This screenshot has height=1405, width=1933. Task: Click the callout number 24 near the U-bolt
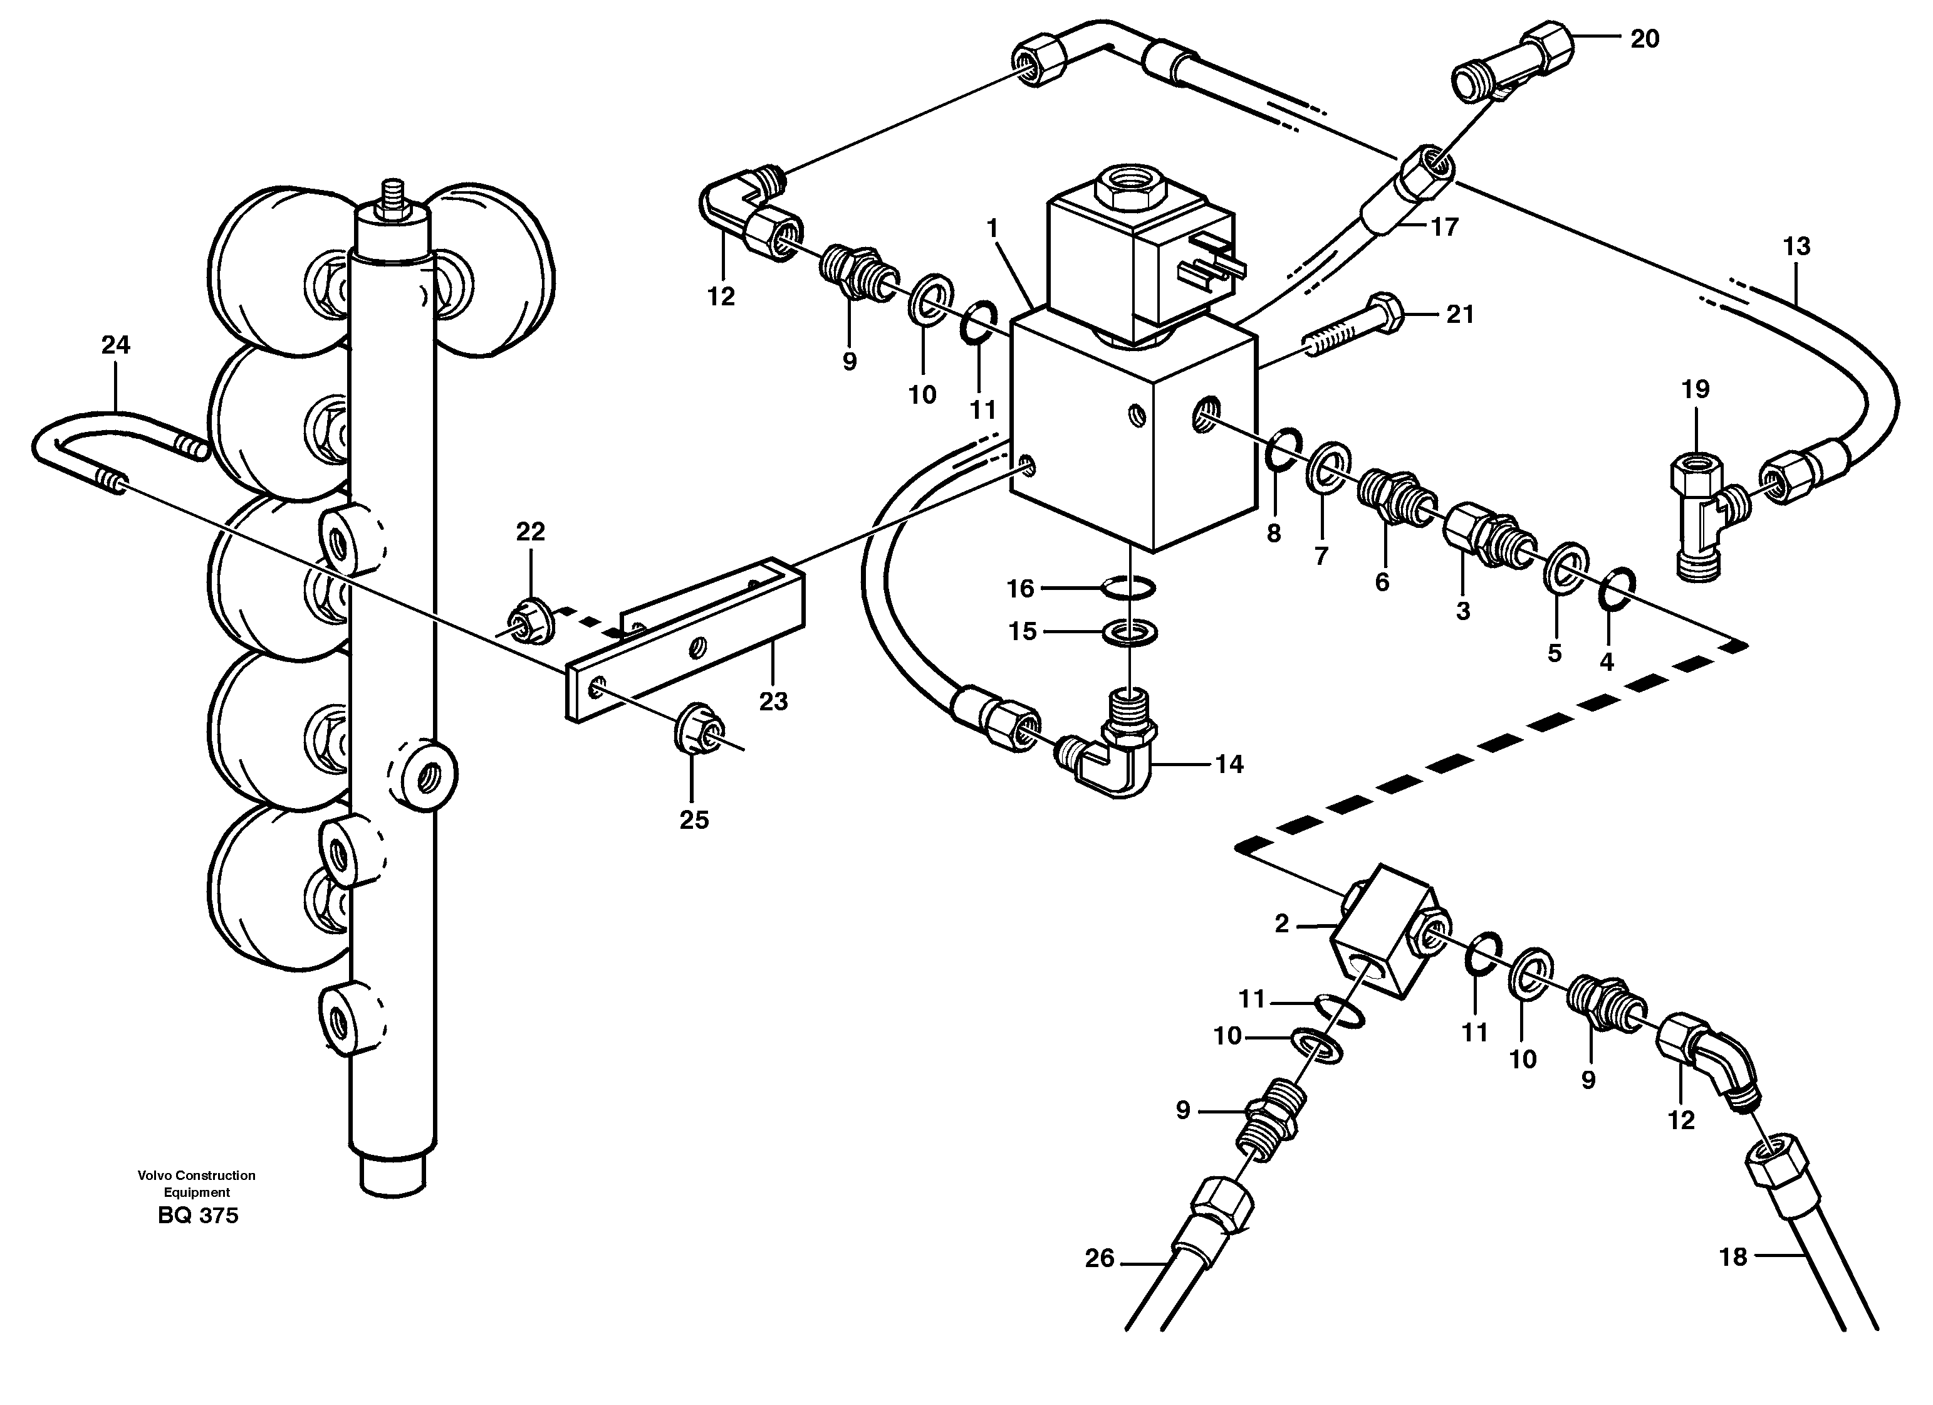tap(115, 345)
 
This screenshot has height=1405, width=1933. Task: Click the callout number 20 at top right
tap(1644, 39)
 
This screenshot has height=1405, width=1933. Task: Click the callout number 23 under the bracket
tap(773, 701)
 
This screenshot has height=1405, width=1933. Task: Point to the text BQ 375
tap(198, 1216)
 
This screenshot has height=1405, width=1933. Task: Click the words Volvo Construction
tap(197, 1176)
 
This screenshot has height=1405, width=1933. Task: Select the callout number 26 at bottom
tap(1100, 1258)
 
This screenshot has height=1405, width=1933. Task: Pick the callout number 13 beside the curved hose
tap(1796, 246)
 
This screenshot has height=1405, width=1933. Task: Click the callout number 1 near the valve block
tap(992, 228)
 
